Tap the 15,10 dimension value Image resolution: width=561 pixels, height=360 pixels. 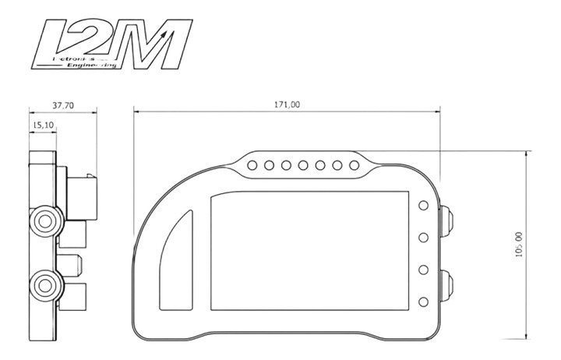point(42,124)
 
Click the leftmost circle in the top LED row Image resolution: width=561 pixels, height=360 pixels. point(253,165)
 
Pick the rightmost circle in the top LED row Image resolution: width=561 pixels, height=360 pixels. point(354,165)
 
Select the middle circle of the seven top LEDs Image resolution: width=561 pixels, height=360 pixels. point(303,165)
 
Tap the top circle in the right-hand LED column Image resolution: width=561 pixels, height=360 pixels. point(424,206)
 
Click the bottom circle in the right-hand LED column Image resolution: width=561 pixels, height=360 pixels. point(424,302)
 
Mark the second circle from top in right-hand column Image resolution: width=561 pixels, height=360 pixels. point(424,237)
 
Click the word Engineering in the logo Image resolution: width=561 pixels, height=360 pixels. point(93,67)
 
